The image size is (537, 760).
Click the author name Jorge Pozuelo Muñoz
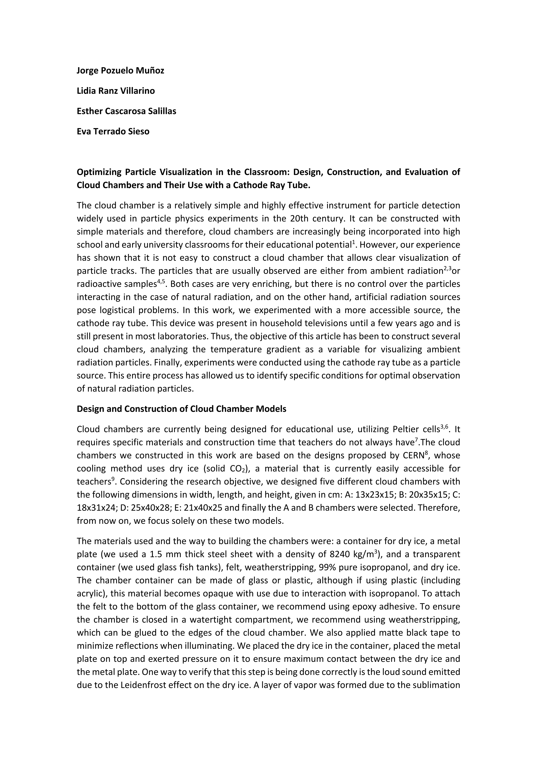(120, 71)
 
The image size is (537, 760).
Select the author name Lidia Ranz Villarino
(116, 91)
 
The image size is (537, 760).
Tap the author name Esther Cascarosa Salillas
(126, 111)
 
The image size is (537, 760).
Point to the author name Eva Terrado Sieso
(113, 131)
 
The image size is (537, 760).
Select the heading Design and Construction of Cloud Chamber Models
(181, 409)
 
